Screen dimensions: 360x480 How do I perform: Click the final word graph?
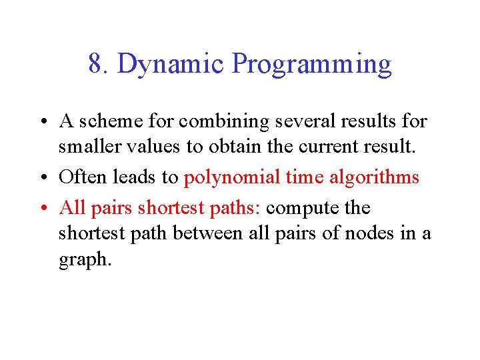[x=83, y=260]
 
